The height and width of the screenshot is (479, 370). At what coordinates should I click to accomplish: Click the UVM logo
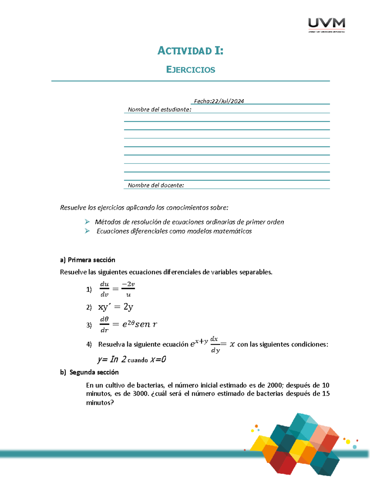[x=327, y=25]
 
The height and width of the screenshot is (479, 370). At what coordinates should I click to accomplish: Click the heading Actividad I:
[x=190, y=51]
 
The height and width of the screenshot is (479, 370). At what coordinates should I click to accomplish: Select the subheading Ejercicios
[x=190, y=70]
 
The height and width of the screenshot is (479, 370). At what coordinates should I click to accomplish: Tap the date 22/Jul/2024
[x=228, y=101]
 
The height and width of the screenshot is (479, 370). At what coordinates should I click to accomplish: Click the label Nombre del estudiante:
[x=159, y=109]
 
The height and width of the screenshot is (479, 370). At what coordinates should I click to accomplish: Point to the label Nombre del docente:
[x=156, y=185]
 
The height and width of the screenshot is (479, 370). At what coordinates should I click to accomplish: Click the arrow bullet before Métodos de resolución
[x=87, y=222]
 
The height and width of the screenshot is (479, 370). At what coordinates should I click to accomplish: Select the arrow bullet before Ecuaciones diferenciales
[x=87, y=231]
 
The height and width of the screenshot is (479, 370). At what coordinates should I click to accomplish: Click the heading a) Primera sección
[x=88, y=260]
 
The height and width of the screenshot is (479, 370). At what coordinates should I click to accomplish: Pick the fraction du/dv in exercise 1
[x=105, y=289]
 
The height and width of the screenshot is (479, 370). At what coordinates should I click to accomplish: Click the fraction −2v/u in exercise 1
[x=128, y=289]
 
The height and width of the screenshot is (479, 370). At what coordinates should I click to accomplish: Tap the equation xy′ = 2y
[x=116, y=307]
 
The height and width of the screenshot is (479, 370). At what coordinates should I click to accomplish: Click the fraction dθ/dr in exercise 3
[x=105, y=324]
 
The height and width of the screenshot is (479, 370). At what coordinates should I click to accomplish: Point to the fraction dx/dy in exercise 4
[x=215, y=344]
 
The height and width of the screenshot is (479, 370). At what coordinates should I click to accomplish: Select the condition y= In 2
[x=112, y=359]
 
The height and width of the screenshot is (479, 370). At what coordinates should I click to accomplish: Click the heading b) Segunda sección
[x=89, y=372]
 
